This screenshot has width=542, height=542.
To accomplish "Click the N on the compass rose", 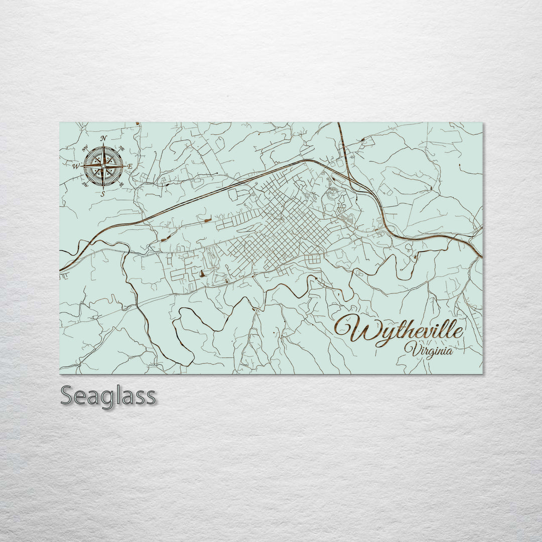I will point(103,139).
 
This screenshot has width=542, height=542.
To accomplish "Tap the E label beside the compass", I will point(129,166).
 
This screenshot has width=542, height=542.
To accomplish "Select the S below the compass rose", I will point(103,193).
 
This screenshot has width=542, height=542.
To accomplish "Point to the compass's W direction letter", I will point(76,166).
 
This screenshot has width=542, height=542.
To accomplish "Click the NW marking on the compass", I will point(84,149).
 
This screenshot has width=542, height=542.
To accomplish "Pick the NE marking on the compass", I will point(121,148).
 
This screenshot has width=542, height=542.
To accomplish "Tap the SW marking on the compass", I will point(85,184).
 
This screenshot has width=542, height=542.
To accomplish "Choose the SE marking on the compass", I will point(121,184).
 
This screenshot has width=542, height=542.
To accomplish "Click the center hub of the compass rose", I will point(103,166).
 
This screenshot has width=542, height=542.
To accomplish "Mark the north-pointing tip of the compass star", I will point(103,144).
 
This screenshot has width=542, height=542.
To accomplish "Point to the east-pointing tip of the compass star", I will point(125,166).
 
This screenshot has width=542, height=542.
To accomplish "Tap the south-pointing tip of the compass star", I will point(103,188).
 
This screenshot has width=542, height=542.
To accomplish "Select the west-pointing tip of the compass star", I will point(82,166).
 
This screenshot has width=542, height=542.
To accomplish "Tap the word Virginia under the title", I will point(430,350).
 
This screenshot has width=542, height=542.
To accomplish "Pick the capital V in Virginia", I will point(413,348).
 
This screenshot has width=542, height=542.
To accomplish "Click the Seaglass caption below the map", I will point(108,396).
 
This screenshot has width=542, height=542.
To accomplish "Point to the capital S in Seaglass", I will point(67,395).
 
